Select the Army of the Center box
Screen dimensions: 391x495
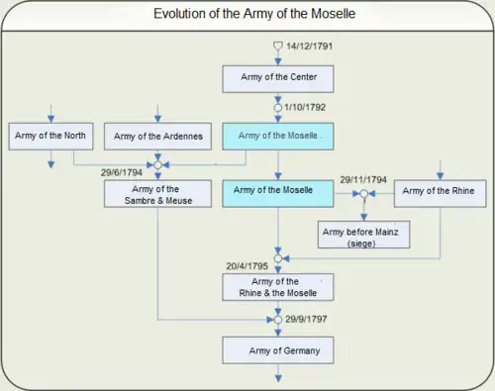[277, 76]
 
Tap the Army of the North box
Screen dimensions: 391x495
[50, 134]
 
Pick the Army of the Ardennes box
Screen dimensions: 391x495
[158, 135]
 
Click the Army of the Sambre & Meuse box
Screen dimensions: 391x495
[158, 193]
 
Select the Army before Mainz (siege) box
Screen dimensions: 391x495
[361, 235]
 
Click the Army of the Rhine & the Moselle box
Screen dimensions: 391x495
[277, 286]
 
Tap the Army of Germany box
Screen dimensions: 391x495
[277, 349]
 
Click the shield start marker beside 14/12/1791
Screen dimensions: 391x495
[277, 47]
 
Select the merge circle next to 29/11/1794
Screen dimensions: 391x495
[363, 193]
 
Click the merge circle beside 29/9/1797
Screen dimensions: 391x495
[277, 320]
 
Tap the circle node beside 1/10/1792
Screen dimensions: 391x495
[277, 107]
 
